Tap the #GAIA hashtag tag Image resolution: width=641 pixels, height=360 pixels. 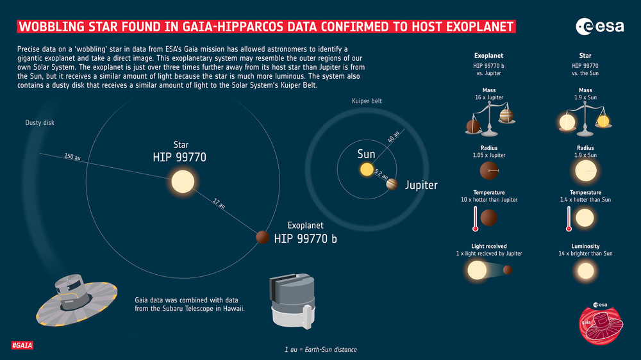pyautogui.click(x=22, y=346)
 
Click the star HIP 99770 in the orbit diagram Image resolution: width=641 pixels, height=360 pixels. pyautogui.click(x=181, y=181)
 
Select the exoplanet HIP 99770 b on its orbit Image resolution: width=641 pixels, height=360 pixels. pyautogui.click(x=262, y=237)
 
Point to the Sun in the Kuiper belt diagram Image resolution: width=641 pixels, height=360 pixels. pyautogui.click(x=366, y=170)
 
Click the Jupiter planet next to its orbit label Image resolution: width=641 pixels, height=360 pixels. pyautogui.click(x=392, y=185)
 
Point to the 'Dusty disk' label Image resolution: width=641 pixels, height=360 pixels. pyautogui.click(x=40, y=122)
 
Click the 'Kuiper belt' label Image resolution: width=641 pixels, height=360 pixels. pyautogui.click(x=367, y=101)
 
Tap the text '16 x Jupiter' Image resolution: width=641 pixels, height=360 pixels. pyautogui.click(x=488, y=97)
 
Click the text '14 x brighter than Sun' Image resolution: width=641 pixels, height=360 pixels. pyautogui.click(x=585, y=254)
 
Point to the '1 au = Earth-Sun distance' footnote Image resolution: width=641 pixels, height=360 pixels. pyautogui.click(x=320, y=349)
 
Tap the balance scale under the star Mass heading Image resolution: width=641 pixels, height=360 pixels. pyautogui.click(x=585, y=119)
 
